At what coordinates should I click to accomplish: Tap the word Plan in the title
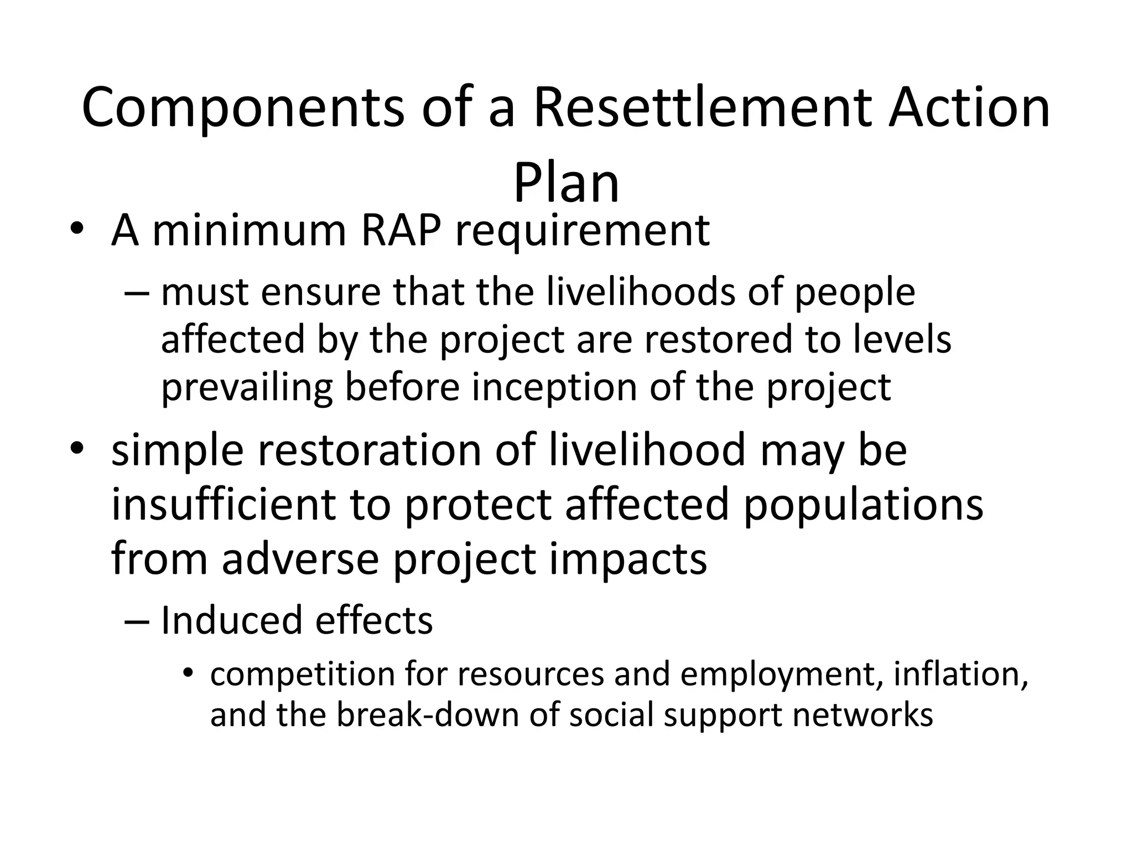click(566, 183)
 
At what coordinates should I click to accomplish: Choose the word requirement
click(583, 231)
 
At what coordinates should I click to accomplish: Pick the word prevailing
click(247, 387)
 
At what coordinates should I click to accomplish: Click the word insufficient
click(224, 504)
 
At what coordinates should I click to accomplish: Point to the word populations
click(863, 505)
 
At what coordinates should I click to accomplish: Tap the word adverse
click(300, 559)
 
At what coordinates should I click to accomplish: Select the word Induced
click(231, 620)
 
